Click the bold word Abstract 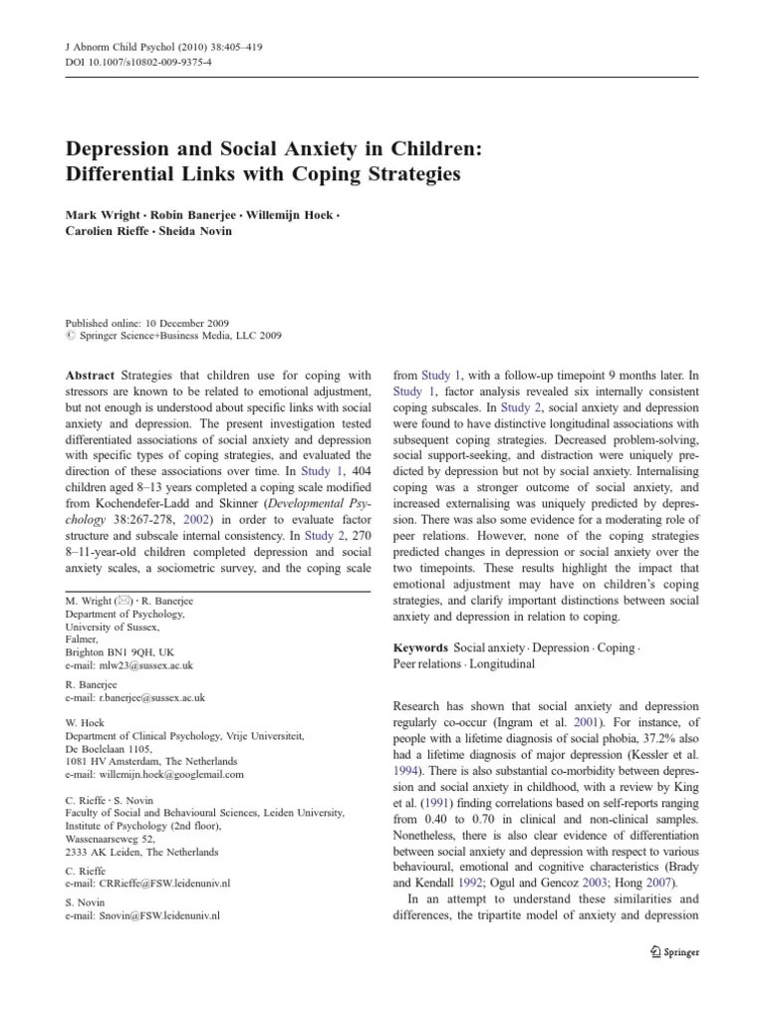click(x=90, y=376)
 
